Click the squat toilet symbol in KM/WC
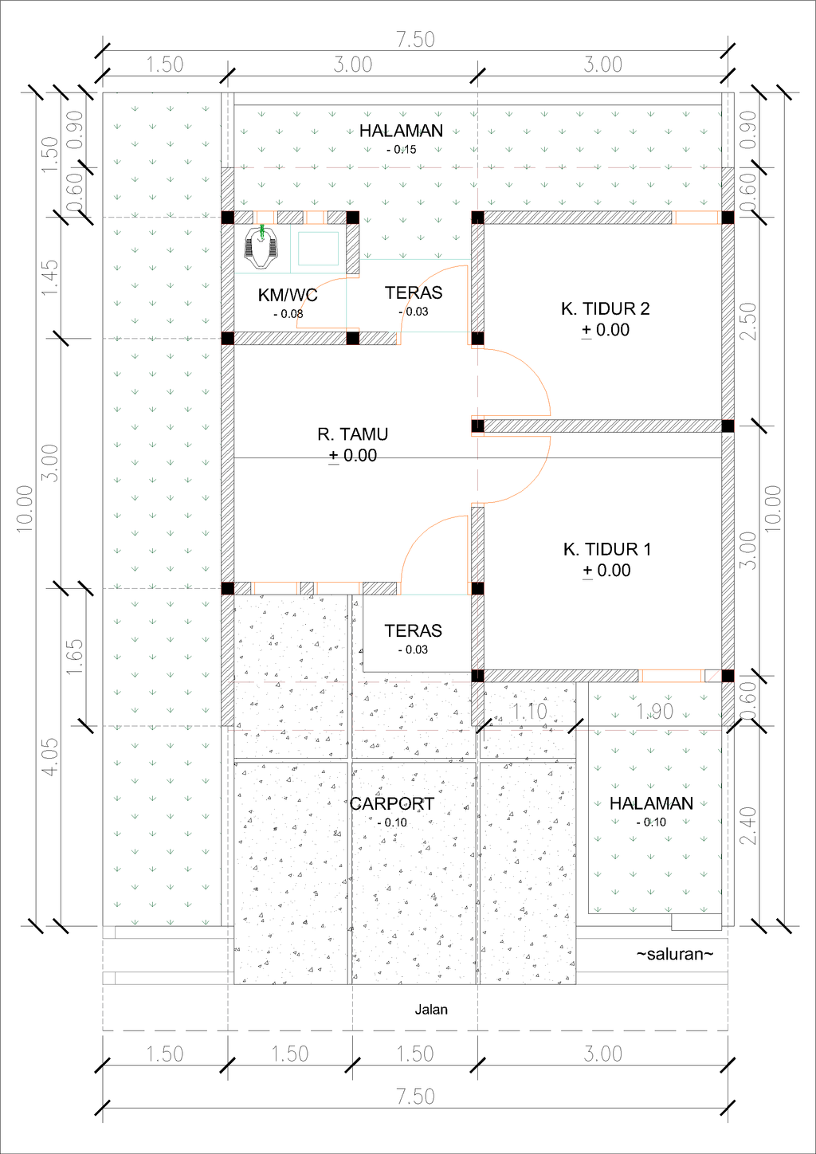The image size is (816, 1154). [261, 247]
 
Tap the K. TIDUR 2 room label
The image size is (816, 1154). [606, 308]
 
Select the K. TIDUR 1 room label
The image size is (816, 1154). [607, 549]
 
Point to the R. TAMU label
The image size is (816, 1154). [352, 434]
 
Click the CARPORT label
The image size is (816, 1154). [391, 803]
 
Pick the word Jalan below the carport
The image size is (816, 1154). [431, 1009]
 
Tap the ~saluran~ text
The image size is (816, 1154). [675, 954]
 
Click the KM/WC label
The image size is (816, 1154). [288, 295]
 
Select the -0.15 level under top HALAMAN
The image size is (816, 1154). [402, 149]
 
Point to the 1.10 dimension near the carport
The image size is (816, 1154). [530, 712]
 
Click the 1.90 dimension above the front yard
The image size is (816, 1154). [654, 712]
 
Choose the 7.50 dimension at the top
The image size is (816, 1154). [415, 40]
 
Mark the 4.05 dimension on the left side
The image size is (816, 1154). [51, 757]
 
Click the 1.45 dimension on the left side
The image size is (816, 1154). [51, 277]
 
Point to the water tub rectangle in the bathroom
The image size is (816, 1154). [318, 249]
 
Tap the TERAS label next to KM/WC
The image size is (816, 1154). [414, 292]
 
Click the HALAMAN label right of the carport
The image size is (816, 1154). [651, 803]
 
